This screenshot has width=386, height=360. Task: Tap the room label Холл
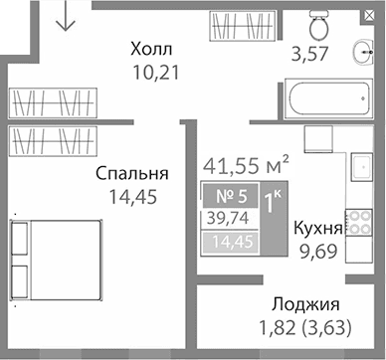click(x=152, y=50)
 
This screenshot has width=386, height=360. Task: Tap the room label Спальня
click(x=130, y=173)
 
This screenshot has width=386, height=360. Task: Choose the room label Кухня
click(x=318, y=228)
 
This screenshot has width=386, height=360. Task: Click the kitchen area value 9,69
click(x=318, y=250)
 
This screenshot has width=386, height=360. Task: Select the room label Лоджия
click(x=304, y=305)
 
